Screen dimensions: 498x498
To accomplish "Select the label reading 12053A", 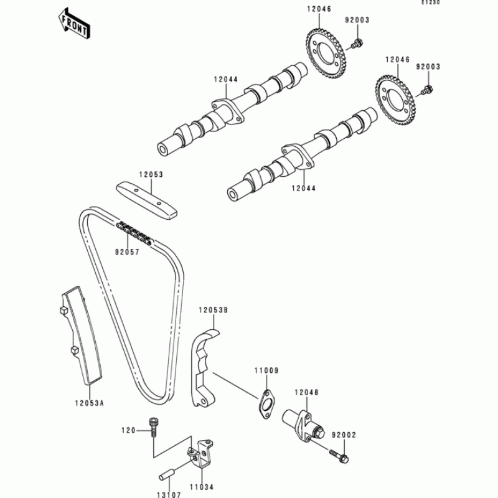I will (91, 403).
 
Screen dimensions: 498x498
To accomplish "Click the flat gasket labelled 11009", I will (267, 402).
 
